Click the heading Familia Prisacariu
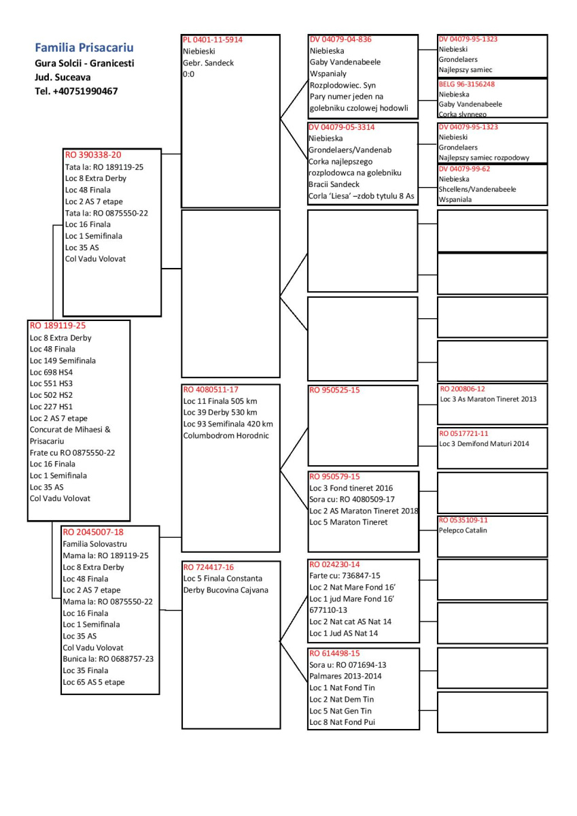tap(84, 48)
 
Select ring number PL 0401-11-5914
tap(213, 39)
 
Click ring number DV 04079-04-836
tap(340, 39)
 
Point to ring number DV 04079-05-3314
tap(341, 127)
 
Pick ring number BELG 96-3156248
tap(467, 84)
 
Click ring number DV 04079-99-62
tap(464, 169)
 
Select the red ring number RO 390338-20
tap(94, 155)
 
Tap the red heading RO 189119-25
tap(58, 326)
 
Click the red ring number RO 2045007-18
tap(93, 532)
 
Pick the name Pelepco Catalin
tap(463, 530)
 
